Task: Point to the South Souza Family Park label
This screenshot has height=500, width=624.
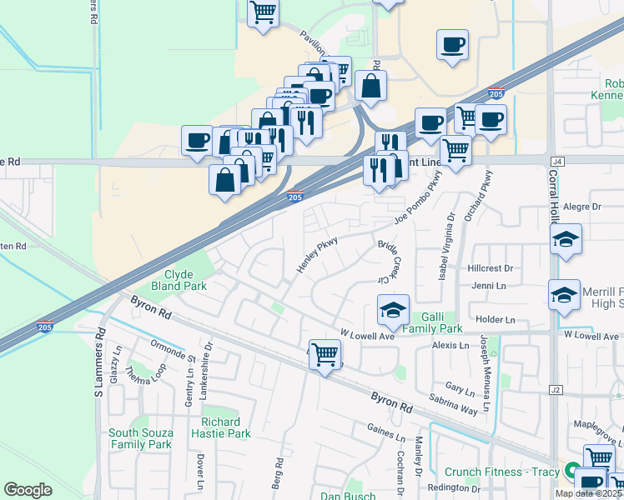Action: click(x=140, y=438)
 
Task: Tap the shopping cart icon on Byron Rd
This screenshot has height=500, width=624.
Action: click(x=325, y=355)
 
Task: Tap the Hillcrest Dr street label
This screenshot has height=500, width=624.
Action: click(x=491, y=268)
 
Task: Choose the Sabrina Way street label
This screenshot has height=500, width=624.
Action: click(x=454, y=404)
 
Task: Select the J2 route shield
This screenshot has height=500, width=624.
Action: click(x=557, y=389)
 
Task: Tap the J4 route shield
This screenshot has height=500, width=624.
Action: click(x=557, y=161)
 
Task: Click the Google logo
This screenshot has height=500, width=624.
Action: click(x=28, y=490)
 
